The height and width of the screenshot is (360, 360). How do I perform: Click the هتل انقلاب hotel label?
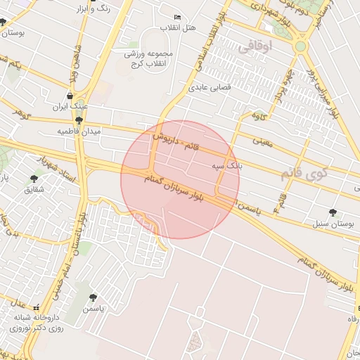(x=178, y=27)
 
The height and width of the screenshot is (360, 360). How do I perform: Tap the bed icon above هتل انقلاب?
(x=176, y=16)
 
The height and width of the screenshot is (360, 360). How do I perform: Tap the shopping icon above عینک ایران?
(x=70, y=96)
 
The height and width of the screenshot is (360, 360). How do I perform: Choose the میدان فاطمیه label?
(x=79, y=131)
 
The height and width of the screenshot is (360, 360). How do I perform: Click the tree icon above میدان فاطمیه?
(x=78, y=120)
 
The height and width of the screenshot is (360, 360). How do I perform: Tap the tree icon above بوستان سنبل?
(x=332, y=212)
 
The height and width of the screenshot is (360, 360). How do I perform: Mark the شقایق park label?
(x=34, y=190)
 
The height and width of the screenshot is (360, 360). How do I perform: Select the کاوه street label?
(x=258, y=115)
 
